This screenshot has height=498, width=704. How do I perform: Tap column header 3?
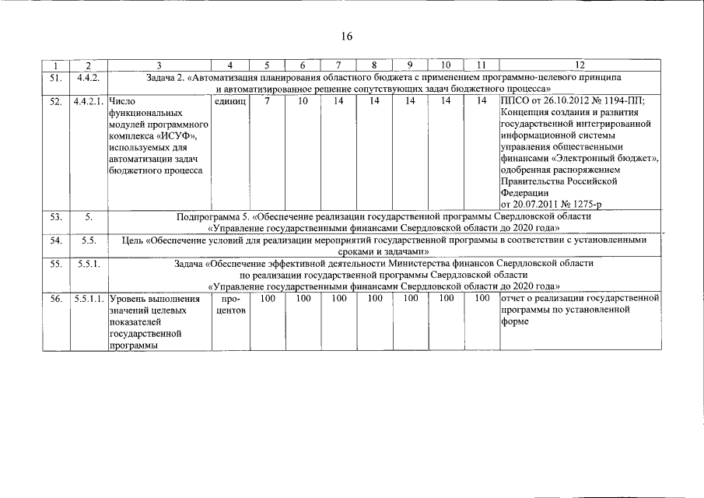point(159,65)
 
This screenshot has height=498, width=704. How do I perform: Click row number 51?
point(55,78)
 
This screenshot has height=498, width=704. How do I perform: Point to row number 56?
point(55,298)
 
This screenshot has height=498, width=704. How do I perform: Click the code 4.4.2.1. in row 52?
point(89,101)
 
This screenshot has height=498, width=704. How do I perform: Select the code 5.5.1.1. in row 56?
point(89,298)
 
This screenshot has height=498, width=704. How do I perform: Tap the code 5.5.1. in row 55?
point(89,263)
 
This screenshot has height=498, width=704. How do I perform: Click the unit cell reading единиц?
point(229,101)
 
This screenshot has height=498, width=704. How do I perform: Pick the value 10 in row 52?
point(302,101)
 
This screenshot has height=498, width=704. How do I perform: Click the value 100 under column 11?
point(482,298)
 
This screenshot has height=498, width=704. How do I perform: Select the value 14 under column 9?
point(409,101)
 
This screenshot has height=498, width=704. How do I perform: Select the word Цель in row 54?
point(135,240)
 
